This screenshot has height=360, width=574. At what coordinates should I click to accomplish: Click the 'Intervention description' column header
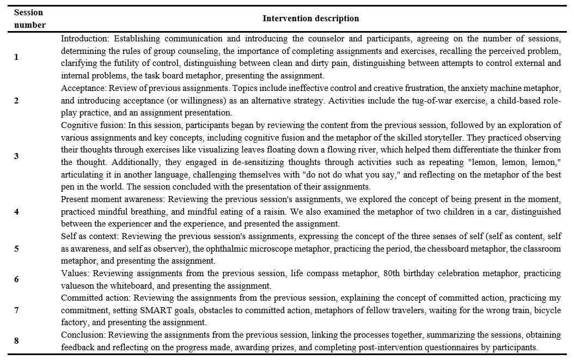[310, 19]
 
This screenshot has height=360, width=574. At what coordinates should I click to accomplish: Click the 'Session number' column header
[29, 19]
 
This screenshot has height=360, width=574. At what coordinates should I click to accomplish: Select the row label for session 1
[16, 57]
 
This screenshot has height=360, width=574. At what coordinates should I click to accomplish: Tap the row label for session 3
[16, 156]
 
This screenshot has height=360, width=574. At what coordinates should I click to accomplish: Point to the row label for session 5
[16, 248]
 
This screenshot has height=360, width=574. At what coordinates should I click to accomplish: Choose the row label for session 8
[16, 340]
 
